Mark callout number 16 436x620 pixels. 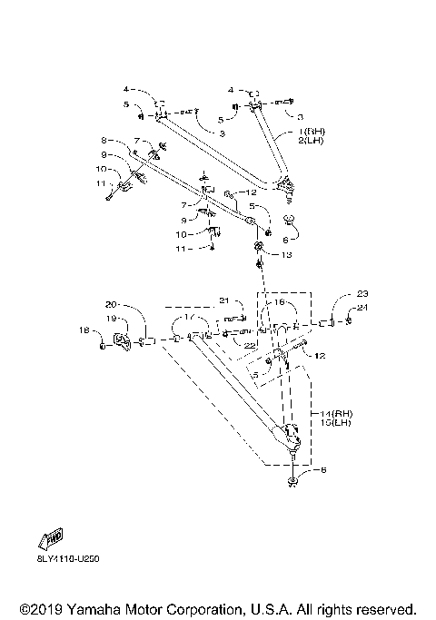click(x=279, y=302)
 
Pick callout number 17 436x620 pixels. click(x=189, y=319)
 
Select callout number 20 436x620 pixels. click(x=112, y=303)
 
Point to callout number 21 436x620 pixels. click(x=224, y=301)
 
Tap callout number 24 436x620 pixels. click(x=362, y=308)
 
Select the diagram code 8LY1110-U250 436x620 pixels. click(x=68, y=557)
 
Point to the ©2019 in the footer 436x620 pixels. click(x=36, y=608)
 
